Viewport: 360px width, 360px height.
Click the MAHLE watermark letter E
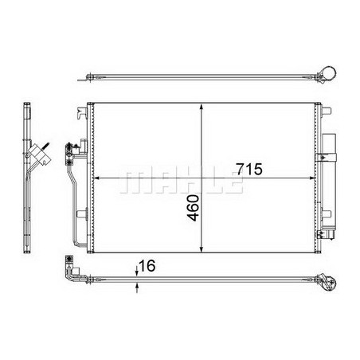tap(232, 182)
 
